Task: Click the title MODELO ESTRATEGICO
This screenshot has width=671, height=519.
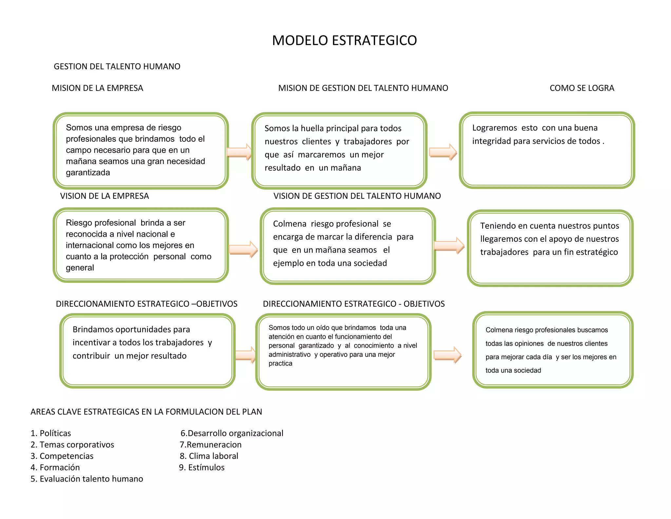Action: (344, 40)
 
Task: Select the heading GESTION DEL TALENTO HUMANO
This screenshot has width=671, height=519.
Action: (117, 67)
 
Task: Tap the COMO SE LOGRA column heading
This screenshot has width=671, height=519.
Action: (582, 88)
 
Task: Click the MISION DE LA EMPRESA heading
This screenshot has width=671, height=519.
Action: (97, 88)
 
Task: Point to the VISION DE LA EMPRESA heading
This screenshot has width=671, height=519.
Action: (104, 196)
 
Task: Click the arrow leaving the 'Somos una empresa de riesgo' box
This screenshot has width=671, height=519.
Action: (240, 152)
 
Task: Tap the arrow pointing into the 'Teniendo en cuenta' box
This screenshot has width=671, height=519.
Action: (449, 245)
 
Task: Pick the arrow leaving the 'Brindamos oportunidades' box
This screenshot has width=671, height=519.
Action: (245, 355)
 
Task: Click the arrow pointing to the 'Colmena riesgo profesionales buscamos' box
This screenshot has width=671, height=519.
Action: (447, 355)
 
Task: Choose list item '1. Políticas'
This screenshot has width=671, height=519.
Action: (51, 433)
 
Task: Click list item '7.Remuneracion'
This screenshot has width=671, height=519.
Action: (211, 445)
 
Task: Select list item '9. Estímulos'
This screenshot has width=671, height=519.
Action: (202, 467)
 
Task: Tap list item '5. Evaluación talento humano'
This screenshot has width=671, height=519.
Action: (87, 479)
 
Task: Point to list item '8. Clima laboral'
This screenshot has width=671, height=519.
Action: (209, 456)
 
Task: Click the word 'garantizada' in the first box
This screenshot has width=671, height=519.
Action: (88, 173)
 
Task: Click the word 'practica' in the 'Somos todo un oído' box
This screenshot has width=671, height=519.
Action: (280, 363)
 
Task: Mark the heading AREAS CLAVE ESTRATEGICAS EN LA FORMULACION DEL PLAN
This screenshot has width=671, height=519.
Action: (146, 412)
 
